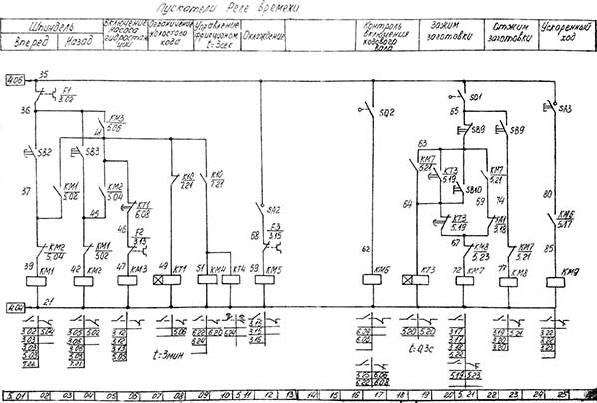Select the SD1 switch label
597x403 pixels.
[476, 97]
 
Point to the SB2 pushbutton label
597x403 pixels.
[44, 152]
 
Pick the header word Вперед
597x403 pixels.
[30, 42]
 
